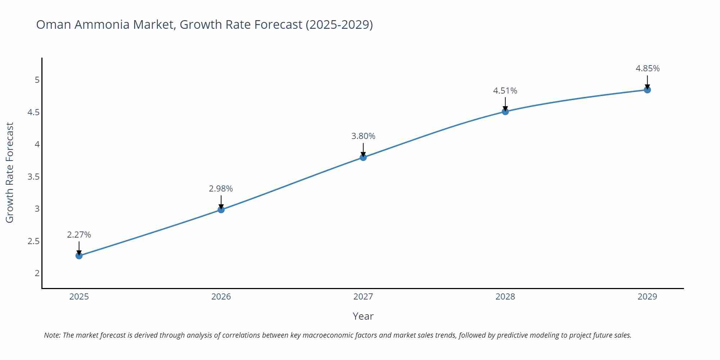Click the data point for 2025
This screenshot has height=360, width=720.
79,256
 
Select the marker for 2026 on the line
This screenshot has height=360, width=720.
221,210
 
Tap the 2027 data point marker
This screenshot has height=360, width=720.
363,157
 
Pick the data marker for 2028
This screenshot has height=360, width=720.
505,112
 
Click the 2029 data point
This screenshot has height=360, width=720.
647,90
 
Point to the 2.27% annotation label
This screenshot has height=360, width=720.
79,235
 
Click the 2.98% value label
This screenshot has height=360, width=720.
221,189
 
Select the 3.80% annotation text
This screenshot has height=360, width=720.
363,136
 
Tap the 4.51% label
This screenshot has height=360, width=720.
505,91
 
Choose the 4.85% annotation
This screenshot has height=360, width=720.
647,68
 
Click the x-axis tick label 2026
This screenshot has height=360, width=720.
221,297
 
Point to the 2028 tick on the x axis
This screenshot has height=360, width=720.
505,297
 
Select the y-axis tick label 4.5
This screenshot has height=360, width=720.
33,112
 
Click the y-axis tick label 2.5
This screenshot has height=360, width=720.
33,241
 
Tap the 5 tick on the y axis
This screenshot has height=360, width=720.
37,80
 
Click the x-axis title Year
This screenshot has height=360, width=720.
363,316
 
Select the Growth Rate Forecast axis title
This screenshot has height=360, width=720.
10,172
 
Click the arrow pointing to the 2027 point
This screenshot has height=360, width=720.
363,149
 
